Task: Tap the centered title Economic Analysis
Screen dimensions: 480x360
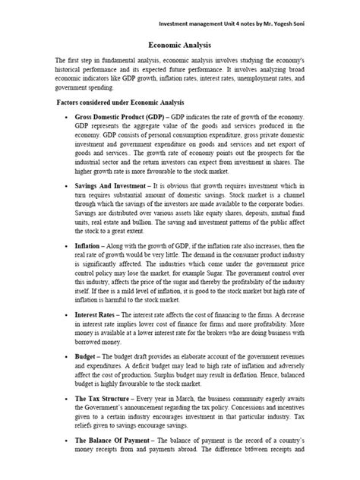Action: tap(178, 45)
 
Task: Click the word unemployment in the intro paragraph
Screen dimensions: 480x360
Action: tap(281, 77)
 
